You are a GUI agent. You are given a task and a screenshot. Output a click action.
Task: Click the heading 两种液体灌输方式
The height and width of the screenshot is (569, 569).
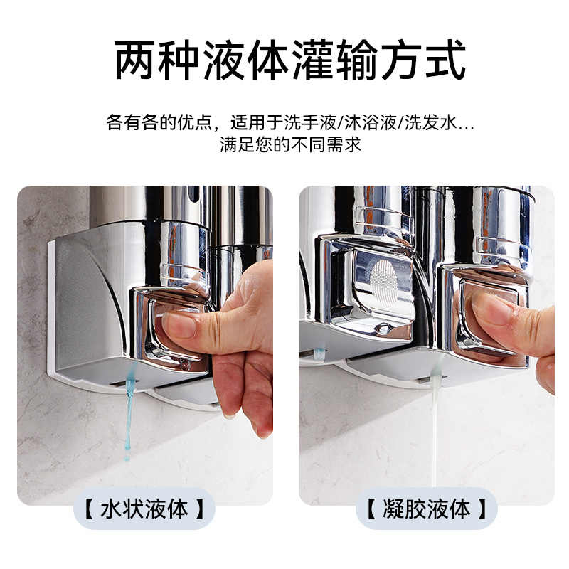290,60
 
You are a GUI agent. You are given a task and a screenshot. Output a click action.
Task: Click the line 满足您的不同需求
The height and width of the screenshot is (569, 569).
290,144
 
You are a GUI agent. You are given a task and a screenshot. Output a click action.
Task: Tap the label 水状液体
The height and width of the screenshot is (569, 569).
144,509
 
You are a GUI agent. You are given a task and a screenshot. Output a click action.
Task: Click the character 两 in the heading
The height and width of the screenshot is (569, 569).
136,60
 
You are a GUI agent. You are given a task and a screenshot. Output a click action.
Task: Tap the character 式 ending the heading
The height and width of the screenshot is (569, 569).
446,60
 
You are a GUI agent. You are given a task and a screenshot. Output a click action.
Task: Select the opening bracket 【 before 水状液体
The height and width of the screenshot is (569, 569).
89,509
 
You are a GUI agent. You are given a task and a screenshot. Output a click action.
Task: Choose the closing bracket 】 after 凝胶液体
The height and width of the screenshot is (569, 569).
482,509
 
